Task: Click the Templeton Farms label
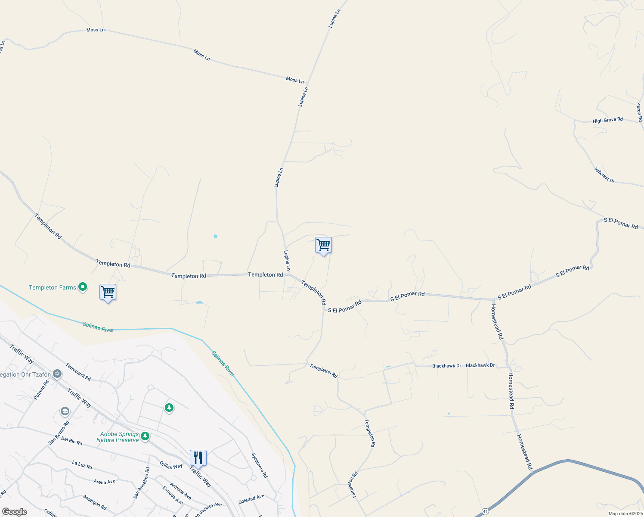(53, 287)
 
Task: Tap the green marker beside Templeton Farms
(83, 287)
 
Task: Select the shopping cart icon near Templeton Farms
(108, 292)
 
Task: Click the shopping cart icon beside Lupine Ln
(323, 245)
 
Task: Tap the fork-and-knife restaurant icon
(198, 458)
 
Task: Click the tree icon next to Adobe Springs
(145, 436)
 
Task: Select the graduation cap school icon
(65, 411)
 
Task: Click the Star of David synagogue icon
(57, 374)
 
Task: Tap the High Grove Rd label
(607, 120)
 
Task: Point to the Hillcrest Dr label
(604, 175)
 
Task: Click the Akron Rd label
(639, 112)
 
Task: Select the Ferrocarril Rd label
(78, 372)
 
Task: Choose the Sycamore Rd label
(260, 465)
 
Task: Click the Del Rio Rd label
(71, 441)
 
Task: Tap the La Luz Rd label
(82, 464)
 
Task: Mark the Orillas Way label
(171, 466)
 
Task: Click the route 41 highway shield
(485, 511)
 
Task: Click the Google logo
(14, 512)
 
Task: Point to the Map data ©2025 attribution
(625, 514)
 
